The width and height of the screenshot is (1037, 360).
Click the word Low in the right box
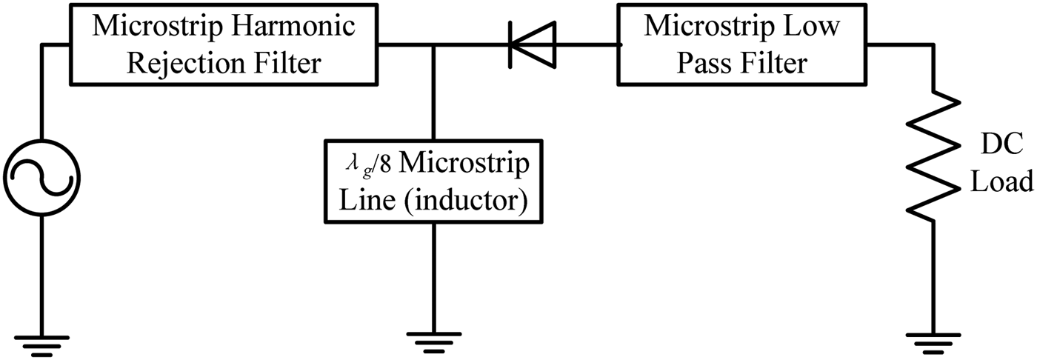[x=812, y=27]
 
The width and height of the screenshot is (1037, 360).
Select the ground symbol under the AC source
[x=41, y=343]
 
